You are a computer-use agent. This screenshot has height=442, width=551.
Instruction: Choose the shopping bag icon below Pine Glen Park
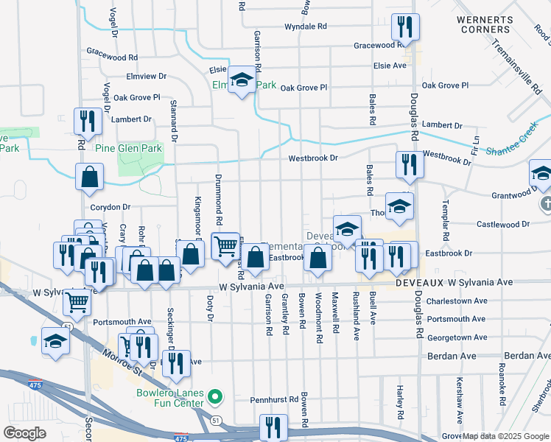click(89, 177)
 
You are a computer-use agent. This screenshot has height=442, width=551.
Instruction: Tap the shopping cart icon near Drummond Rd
click(225, 245)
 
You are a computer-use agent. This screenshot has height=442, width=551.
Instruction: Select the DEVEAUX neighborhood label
click(420, 282)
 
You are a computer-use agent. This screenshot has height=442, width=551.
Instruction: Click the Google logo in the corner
click(25, 433)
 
